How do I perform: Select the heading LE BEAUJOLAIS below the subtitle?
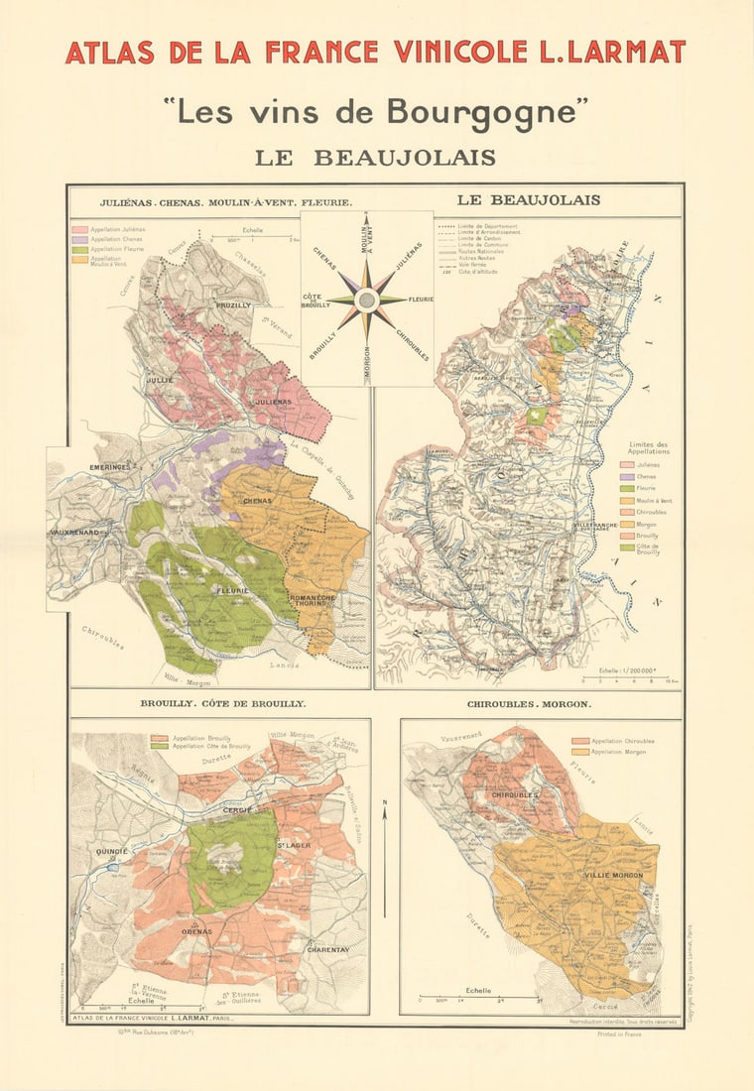[x=375, y=157]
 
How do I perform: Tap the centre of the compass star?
[x=366, y=300]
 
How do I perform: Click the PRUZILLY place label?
[x=234, y=305]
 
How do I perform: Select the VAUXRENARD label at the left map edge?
[x=75, y=533]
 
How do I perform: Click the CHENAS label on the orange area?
[x=257, y=501]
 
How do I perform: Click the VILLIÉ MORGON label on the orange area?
[x=612, y=875]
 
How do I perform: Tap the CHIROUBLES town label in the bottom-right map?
[x=514, y=795]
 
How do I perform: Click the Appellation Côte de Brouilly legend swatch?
[x=157, y=745]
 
